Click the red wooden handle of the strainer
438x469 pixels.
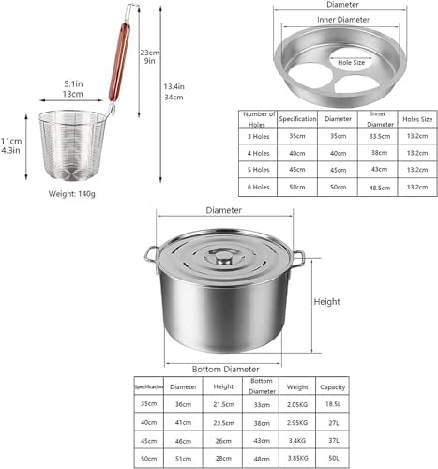point(119,62)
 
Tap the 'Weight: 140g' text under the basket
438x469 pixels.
point(72,194)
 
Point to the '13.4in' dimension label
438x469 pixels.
point(174,86)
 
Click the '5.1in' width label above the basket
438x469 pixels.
point(73,83)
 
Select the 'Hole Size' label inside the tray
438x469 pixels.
point(351,63)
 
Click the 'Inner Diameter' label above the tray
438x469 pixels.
point(343,20)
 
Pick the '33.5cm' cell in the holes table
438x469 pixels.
point(380,136)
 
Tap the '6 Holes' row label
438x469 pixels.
point(258,187)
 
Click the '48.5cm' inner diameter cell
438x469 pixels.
point(380,188)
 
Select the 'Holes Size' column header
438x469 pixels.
point(417,119)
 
